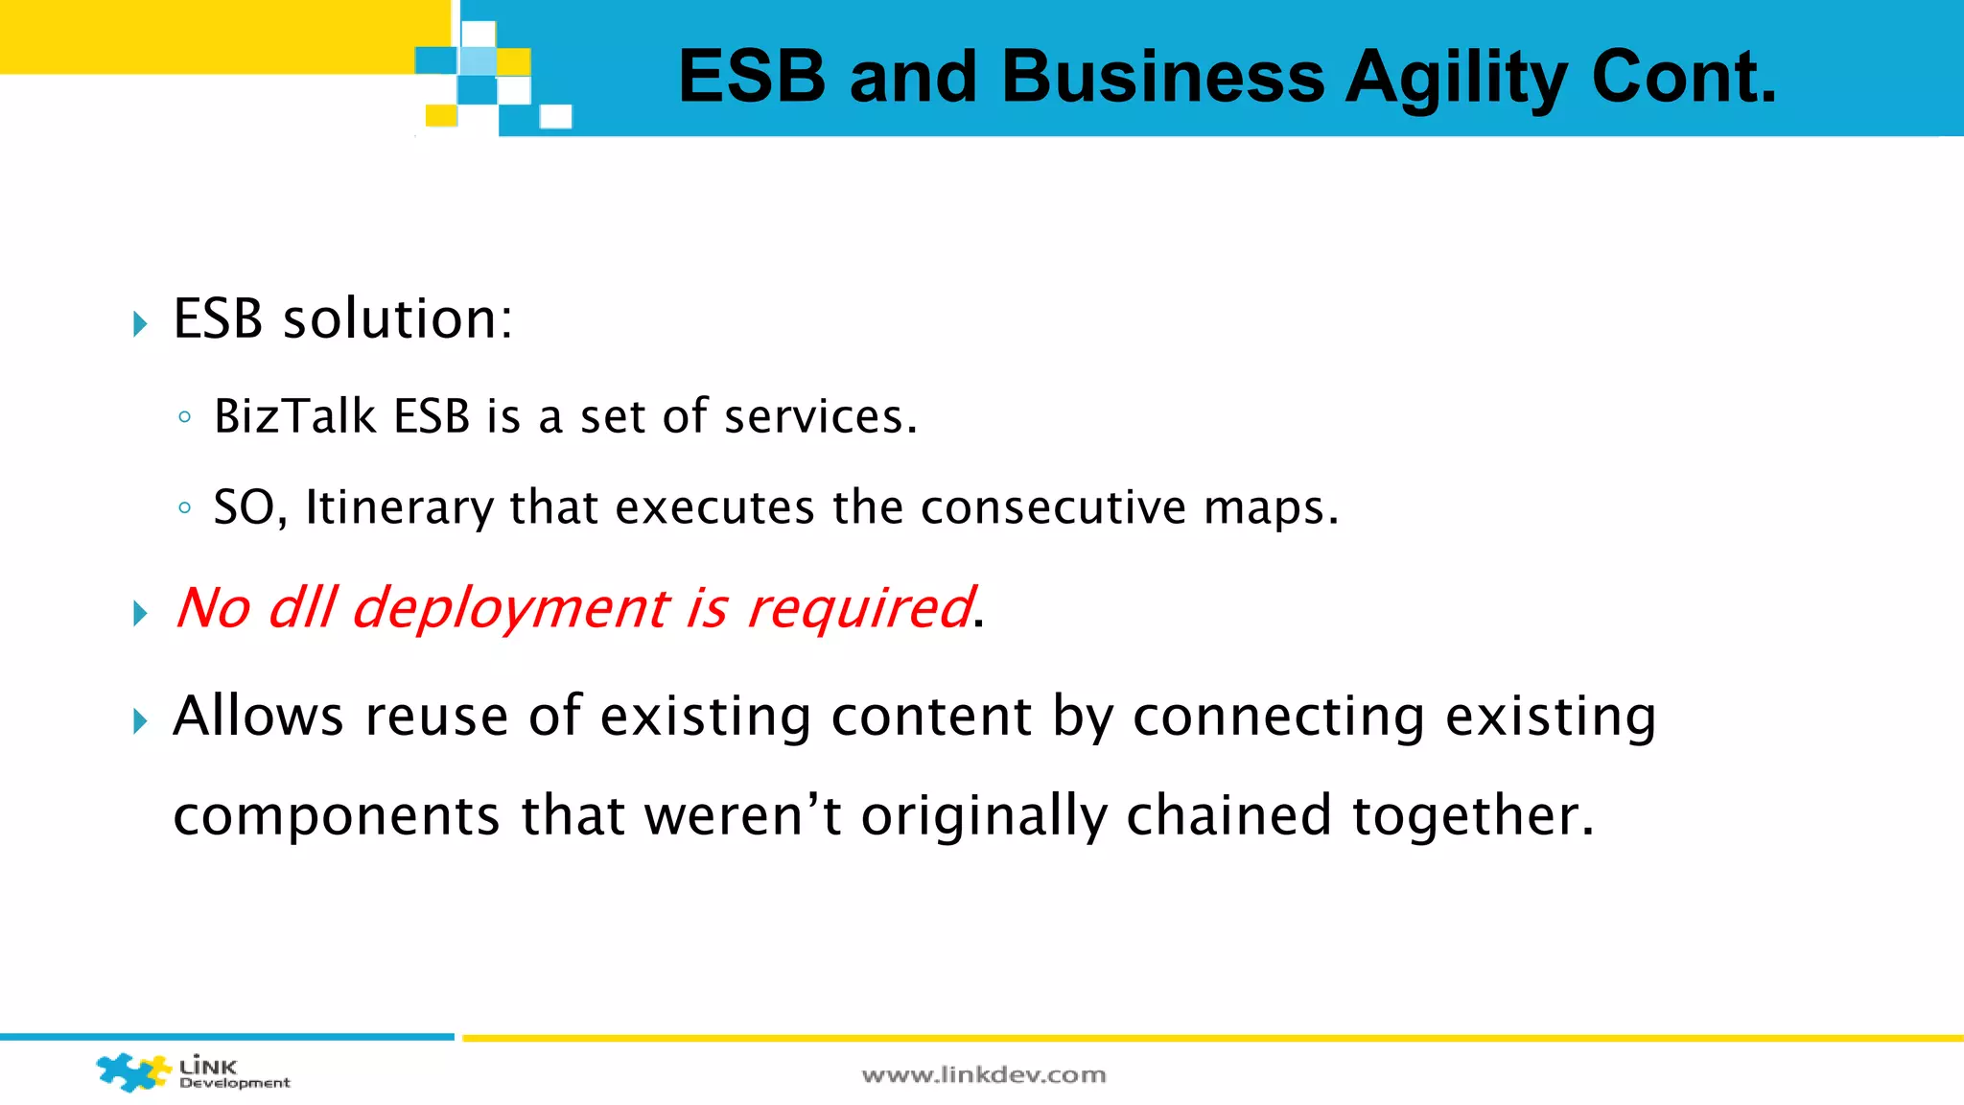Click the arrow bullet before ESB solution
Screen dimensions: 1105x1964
click(x=141, y=323)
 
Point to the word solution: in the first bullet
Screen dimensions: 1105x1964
click(x=397, y=318)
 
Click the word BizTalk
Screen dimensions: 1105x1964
click(x=294, y=416)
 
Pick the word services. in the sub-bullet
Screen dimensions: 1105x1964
click(x=820, y=416)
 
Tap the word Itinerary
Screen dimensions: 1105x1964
click(x=398, y=507)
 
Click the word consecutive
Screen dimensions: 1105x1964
click(x=1052, y=507)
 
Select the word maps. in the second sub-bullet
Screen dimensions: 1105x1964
click(x=1271, y=507)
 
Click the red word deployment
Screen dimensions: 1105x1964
click(x=510, y=608)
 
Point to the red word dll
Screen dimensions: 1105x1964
click(x=302, y=608)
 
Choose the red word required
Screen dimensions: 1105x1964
click(x=860, y=608)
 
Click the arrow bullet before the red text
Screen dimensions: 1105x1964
click(x=141, y=614)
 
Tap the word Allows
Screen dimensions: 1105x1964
click(x=258, y=716)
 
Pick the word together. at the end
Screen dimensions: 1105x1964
click(x=1472, y=815)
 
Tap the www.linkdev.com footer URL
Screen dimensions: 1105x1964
click(x=983, y=1075)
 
